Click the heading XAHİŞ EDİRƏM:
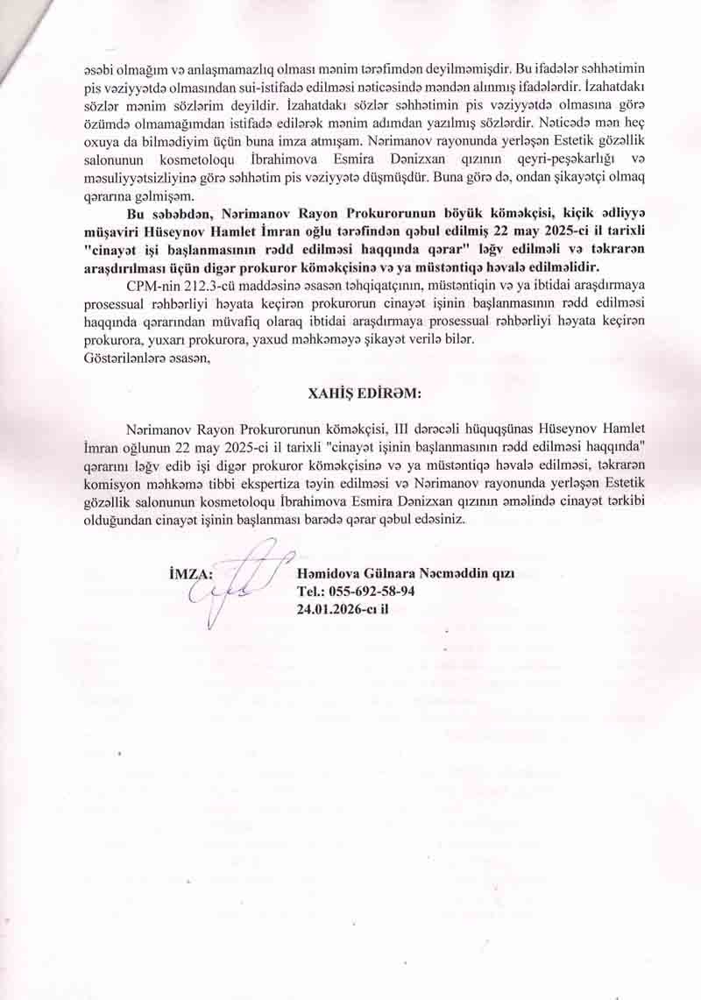tap(350, 393)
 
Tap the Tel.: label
tap(311, 591)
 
